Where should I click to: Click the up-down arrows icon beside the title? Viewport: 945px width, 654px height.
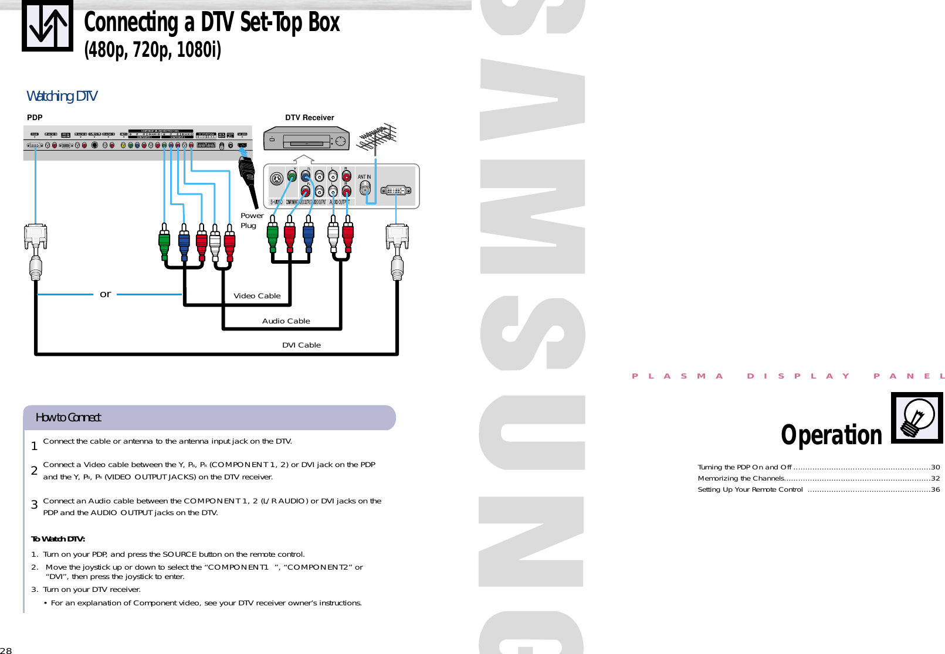(48, 26)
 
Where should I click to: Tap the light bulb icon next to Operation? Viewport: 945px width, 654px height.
(917, 417)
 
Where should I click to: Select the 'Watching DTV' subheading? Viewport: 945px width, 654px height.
(62, 96)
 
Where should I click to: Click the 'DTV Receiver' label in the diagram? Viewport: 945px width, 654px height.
(309, 118)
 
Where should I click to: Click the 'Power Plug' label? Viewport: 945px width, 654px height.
(251, 220)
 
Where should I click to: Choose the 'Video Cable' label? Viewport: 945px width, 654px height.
(257, 296)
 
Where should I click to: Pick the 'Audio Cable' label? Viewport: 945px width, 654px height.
(286, 321)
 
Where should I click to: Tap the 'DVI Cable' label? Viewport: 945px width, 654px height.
(302, 345)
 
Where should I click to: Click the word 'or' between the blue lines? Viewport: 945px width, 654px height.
(106, 294)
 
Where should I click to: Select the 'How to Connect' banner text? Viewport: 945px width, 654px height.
(68, 418)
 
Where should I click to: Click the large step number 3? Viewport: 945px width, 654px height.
(35, 505)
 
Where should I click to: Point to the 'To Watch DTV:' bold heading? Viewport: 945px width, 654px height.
(58, 539)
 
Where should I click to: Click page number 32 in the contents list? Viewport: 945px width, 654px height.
(935, 479)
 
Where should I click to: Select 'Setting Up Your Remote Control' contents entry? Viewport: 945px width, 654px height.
(750, 490)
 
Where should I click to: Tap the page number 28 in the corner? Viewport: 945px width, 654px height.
(6, 650)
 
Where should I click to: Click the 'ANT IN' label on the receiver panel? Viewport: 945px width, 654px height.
(364, 177)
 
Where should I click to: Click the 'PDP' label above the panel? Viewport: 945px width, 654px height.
(35, 118)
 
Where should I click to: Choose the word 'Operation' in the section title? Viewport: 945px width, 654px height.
(831, 435)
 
